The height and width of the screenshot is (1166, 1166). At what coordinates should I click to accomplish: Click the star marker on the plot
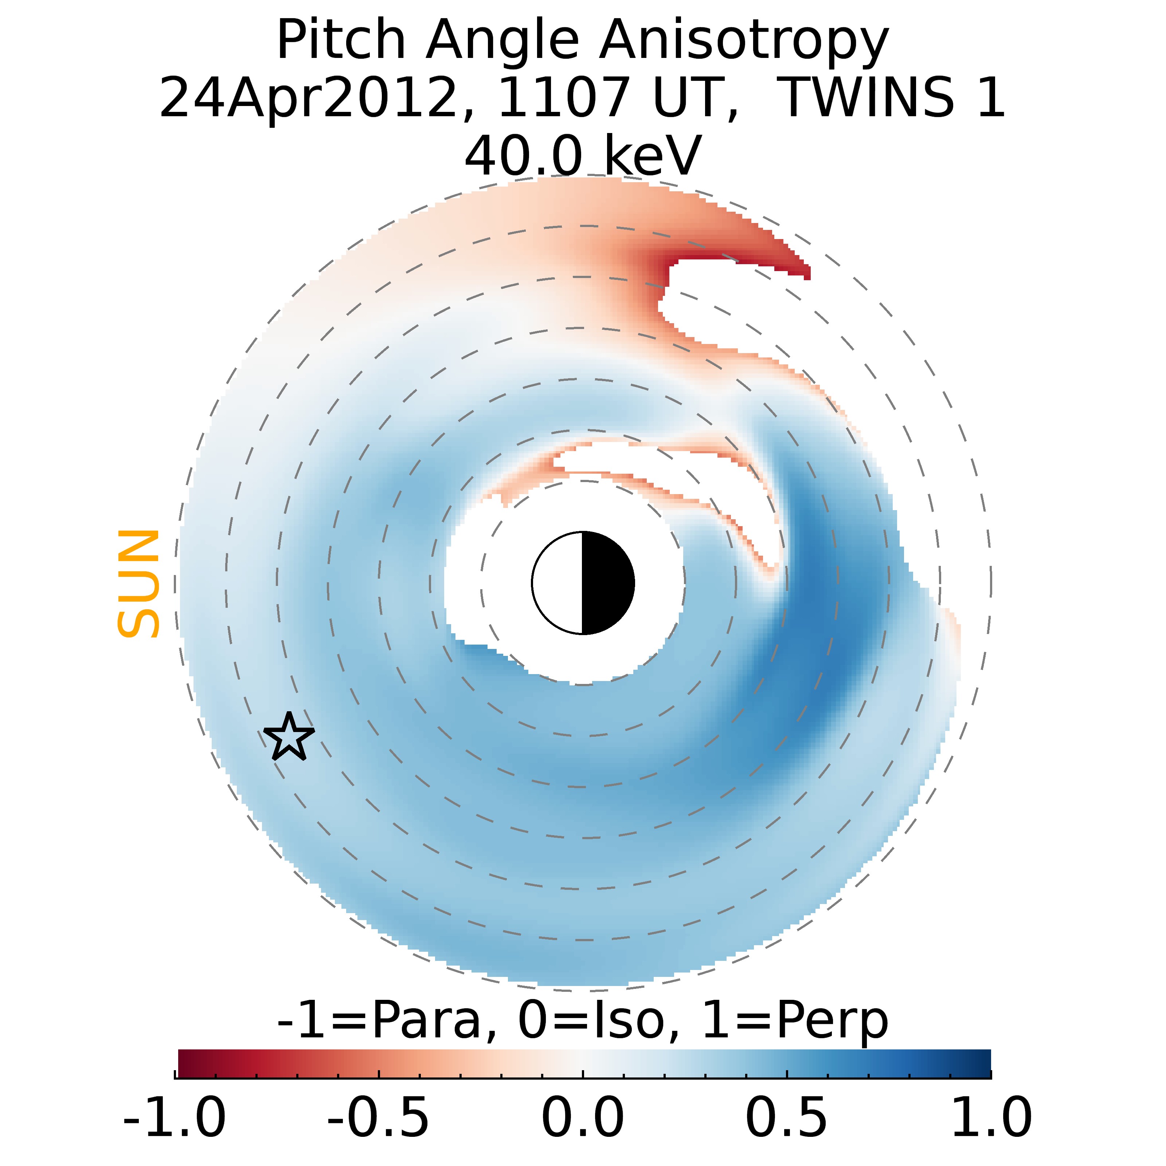point(289,737)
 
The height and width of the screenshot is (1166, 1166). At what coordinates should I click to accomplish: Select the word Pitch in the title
point(340,41)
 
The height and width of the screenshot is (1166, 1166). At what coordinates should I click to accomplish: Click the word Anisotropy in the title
point(744,41)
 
